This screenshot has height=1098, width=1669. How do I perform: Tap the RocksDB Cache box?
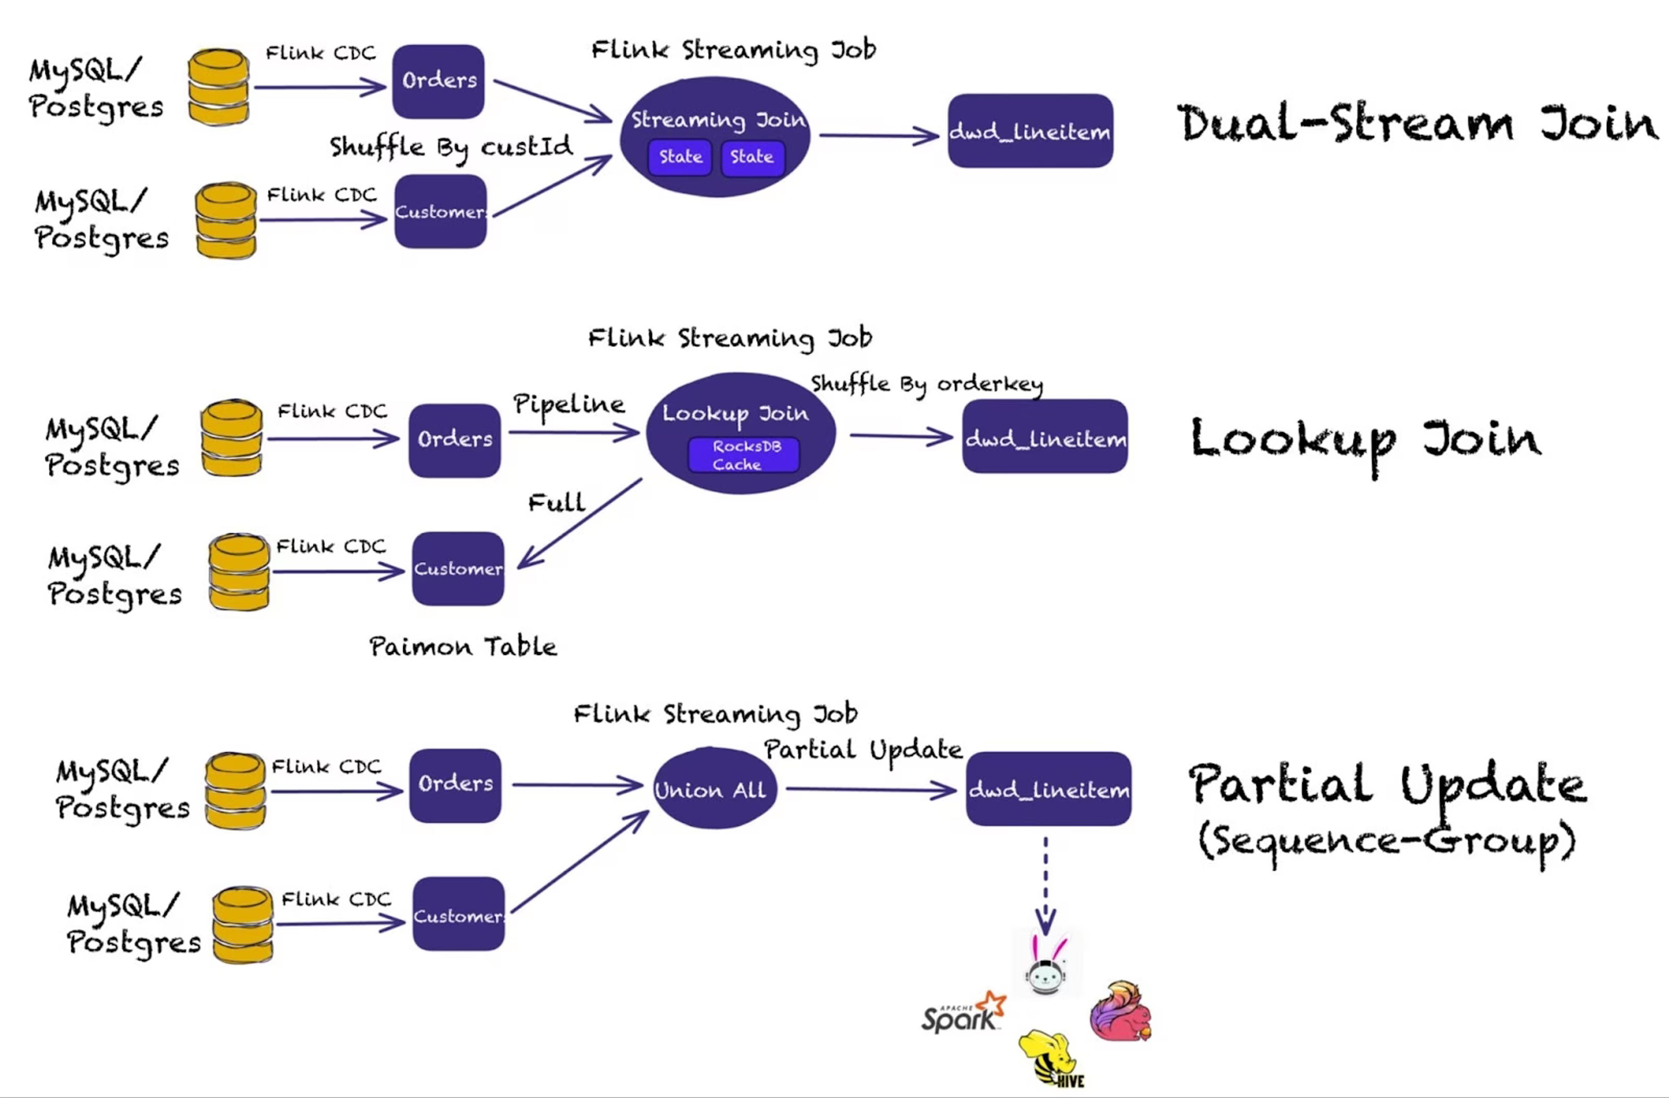point(743,455)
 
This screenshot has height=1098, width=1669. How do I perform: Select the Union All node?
point(714,788)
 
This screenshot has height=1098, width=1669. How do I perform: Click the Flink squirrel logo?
point(1120,1011)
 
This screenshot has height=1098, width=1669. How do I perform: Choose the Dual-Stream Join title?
point(1416,124)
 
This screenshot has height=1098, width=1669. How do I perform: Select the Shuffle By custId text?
point(451,147)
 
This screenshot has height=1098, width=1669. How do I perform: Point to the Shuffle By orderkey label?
point(926,384)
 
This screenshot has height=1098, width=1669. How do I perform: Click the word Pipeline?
point(569,405)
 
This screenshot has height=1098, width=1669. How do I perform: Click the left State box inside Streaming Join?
point(680,157)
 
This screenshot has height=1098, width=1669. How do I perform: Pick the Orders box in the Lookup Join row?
point(455,440)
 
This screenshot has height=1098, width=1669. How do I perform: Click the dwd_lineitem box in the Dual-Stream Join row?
point(1030,131)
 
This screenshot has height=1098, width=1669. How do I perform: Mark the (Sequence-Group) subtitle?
point(1387,841)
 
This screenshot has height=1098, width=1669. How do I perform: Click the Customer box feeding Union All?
point(459,914)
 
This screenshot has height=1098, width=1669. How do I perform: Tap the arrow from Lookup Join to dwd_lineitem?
point(901,437)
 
